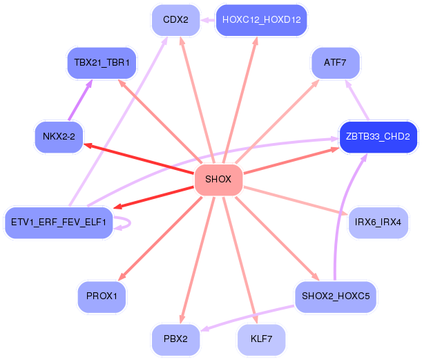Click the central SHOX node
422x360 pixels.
(218, 180)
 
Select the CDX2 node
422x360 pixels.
(175, 20)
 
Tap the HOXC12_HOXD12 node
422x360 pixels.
(261, 20)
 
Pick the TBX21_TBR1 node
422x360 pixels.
(102, 63)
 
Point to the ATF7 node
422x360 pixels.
(336, 63)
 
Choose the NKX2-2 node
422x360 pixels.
(59, 137)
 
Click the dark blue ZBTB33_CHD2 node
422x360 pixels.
(378, 137)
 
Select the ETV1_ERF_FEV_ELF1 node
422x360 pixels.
(59, 222)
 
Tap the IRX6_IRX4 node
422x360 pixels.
(378, 222)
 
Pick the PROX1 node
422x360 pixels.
(102, 296)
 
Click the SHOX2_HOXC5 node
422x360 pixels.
(336, 296)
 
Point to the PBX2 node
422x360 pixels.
(175, 339)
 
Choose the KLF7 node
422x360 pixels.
(261, 339)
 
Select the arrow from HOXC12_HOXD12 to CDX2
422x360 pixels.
(207, 20)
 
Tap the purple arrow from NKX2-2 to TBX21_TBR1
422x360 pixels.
(80, 100)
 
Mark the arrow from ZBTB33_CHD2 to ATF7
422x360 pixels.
(357, 100)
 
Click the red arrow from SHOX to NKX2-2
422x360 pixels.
(139, 158)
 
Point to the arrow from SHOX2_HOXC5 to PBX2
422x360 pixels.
(247, 317)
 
